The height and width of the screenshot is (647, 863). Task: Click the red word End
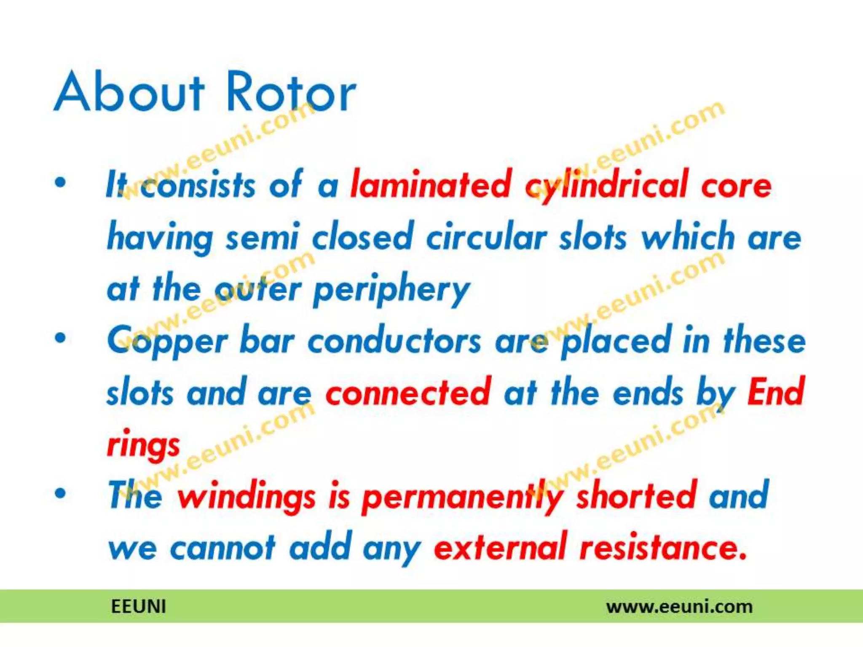(x=776, y=392)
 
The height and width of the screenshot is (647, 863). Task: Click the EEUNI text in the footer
(x=138, y=607)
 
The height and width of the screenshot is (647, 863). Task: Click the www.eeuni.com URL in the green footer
(x=679, y=607)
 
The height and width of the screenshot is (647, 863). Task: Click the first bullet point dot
(x=61, y=182)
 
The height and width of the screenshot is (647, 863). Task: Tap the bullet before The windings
(x=61, y=493)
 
